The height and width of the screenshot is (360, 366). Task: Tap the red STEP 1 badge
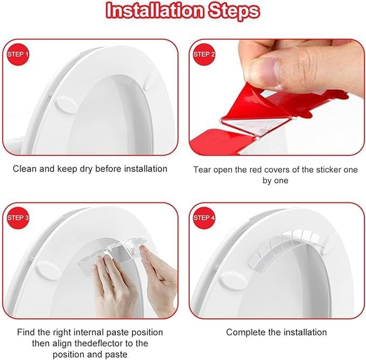(18, 54)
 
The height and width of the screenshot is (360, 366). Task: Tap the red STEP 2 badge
(205, 54)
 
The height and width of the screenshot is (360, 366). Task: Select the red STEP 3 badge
(18, 218)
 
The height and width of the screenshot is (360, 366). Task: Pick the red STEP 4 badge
(205, 218)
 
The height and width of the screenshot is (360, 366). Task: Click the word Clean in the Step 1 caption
(24, 169)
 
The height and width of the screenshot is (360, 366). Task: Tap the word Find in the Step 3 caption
(26, 333)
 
